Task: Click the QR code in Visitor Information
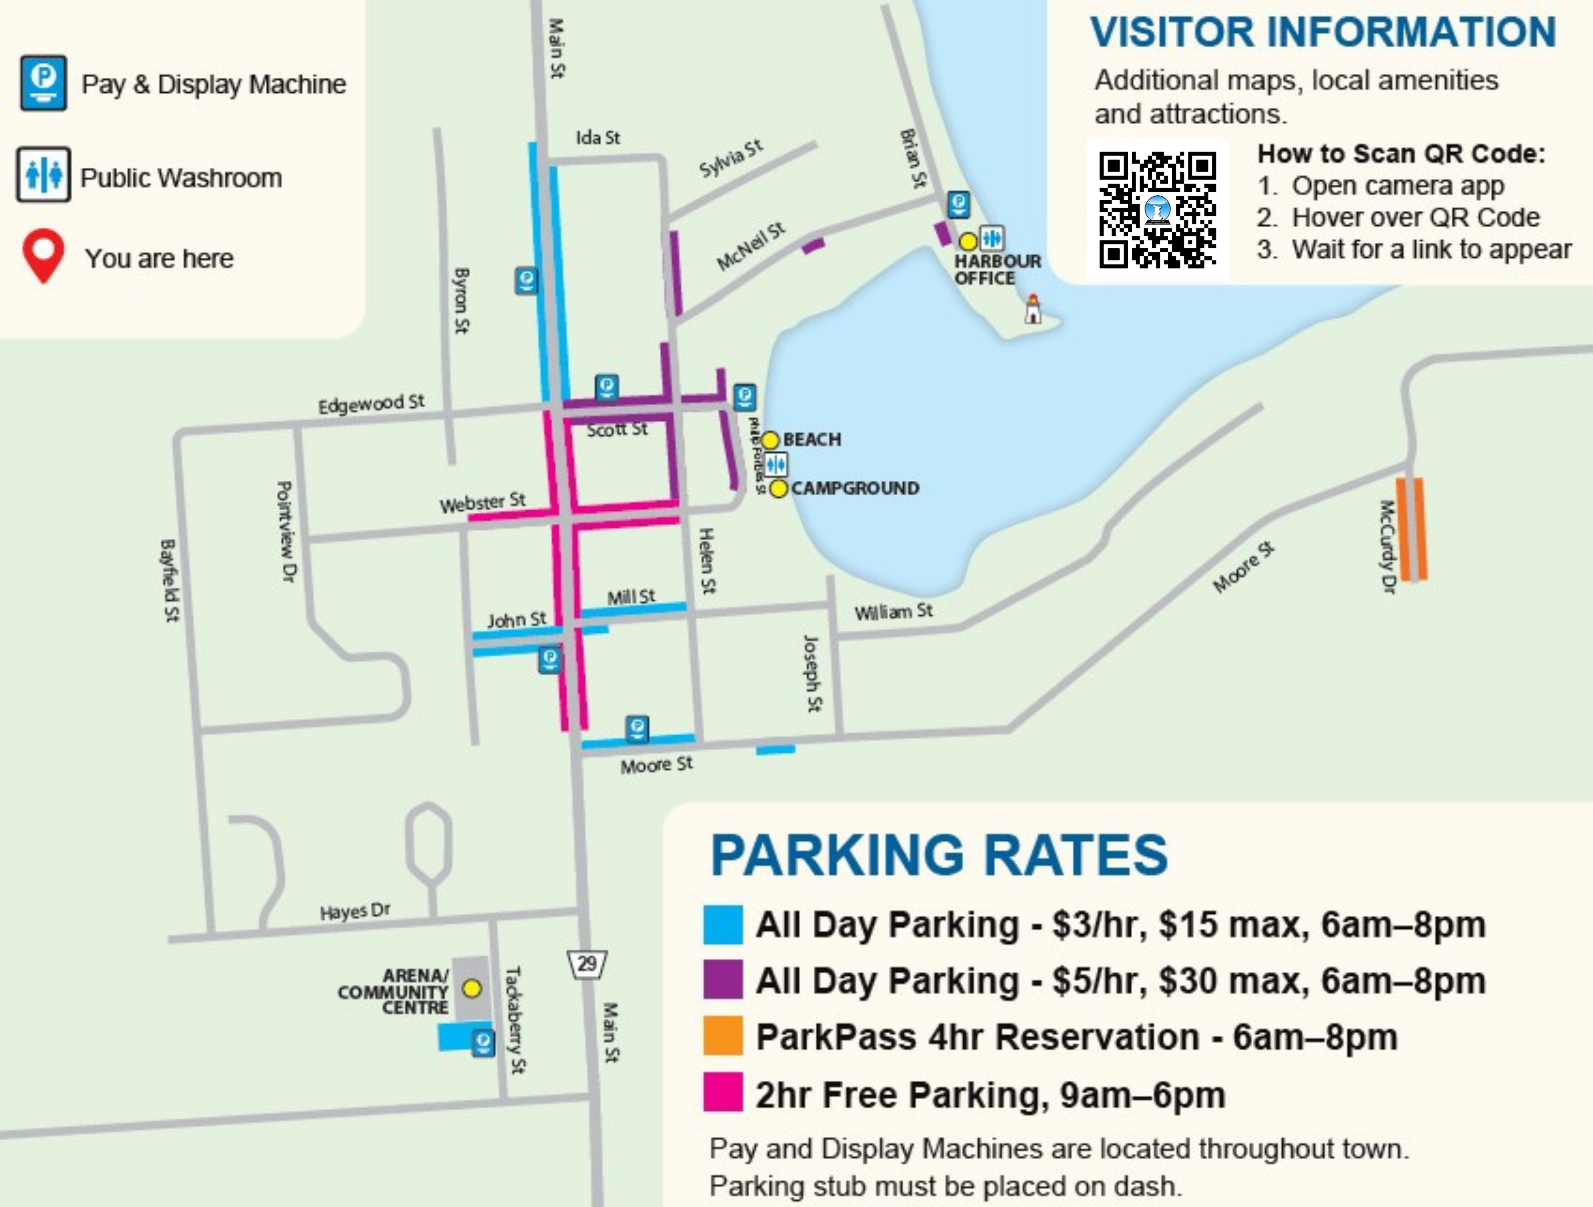1157,209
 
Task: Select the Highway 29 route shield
587,963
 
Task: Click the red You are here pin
43,254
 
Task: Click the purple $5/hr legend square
722,979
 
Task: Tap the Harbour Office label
997,269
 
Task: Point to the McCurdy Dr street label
1386,547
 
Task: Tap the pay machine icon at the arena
483,1042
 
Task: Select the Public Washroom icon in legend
43,175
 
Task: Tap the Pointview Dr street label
286,532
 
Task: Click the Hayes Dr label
354,912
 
